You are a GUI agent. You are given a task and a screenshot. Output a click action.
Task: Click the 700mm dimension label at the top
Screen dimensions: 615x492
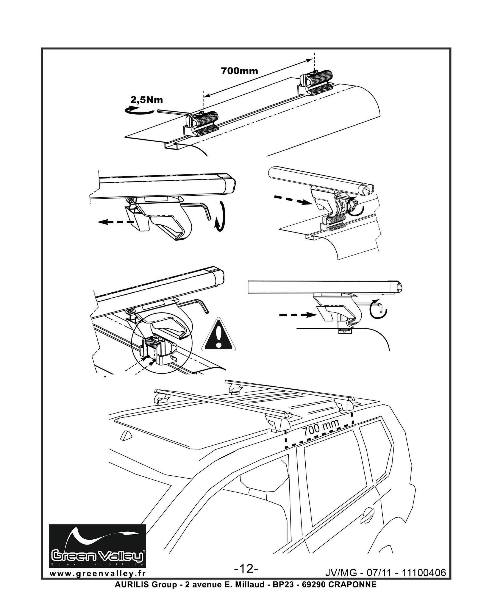click(240, 70)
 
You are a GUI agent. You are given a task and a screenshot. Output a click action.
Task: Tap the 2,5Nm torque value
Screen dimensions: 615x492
click(147, 100)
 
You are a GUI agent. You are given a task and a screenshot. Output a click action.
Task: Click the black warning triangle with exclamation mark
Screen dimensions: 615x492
click(219, 335)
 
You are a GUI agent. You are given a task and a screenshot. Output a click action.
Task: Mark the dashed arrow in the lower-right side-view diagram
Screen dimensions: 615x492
click(298, 315)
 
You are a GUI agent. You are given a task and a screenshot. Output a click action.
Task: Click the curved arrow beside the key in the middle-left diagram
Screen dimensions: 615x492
click(221, 217)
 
